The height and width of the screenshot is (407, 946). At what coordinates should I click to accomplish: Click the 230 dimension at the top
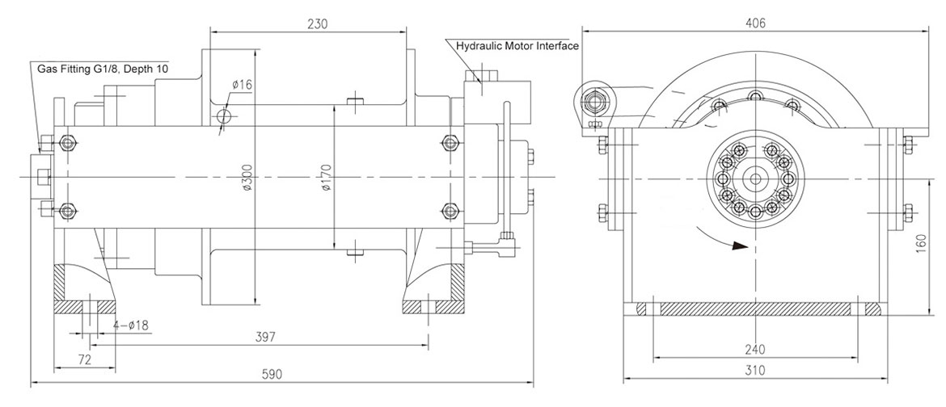click(x=317, y=24)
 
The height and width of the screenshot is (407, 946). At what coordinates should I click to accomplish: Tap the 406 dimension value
click(x=754, y=23)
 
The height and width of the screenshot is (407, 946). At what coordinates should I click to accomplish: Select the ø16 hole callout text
click(x=242, y=85)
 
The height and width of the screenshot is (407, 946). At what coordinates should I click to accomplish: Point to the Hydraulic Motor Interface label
click(x=517, y=46)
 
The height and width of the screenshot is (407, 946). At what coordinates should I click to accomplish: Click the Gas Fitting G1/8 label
click(x=103, y=70)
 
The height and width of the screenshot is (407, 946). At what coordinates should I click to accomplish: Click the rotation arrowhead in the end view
click(x=735, y=246)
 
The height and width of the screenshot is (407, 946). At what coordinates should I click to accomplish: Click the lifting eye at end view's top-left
click(x=597, y=102)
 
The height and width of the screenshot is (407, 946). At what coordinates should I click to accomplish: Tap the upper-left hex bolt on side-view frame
click(x=66, y=145)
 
